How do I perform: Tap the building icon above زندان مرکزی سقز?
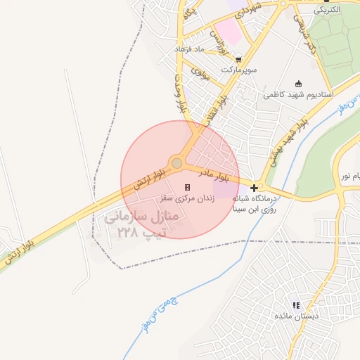click(x=187, y=187)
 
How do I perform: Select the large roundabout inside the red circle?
click(x=177, y=163)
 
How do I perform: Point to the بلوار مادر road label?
click(x=214, y=172)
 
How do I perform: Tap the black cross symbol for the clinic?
click(x=254, y=188)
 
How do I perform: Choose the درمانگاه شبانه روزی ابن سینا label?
click(x=264, y=204)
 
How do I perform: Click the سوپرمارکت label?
click(x=240, y=71)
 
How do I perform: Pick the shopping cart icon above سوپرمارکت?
click(x=240, y=60)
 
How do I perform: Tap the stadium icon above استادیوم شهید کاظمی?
click(x=299, y=83)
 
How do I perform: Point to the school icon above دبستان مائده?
click(x=296, y=305)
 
